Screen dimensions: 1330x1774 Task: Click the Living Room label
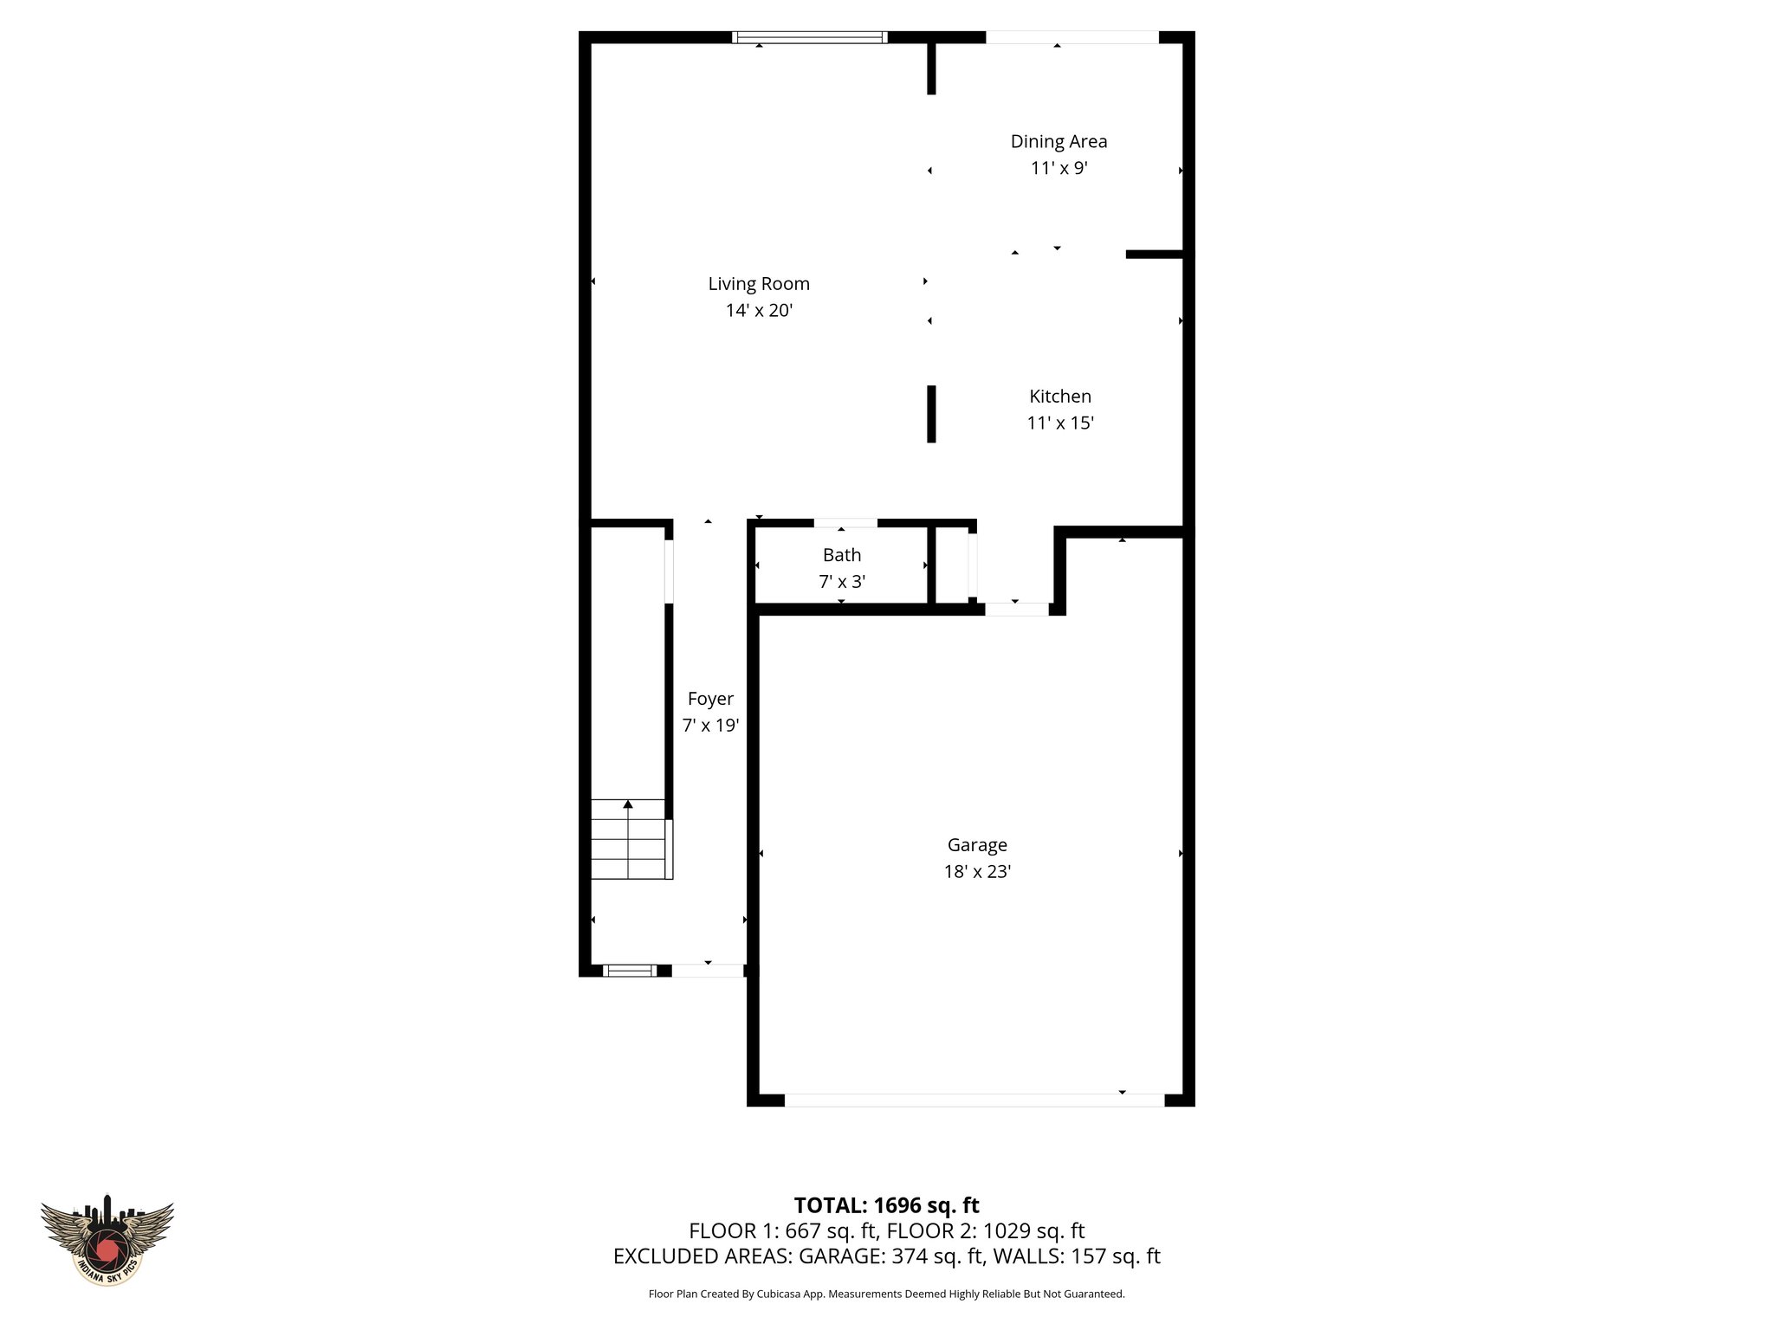tap(759, 284)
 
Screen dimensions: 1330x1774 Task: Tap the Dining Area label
tap(1059, 141)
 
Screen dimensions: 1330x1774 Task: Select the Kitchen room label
tap(1059, 397)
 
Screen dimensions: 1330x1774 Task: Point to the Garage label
tap(977, 845)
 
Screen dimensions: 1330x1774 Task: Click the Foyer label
tap(710, 699)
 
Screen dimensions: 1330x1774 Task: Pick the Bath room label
tap(842, 555)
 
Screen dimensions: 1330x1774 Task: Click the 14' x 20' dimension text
tap(759, 311)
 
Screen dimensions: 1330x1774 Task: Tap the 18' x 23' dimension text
tap(977, 872)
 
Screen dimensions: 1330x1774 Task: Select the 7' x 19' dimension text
tap(710, 726)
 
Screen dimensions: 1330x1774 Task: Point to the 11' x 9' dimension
tap(1059, 168)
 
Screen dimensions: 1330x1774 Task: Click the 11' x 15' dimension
tap(1060, 423)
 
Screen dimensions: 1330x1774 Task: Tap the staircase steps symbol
tap(629, 839)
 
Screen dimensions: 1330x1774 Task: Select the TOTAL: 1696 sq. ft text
tap(886, 1205)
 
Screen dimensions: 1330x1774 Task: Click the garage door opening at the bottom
tap(974, 1100)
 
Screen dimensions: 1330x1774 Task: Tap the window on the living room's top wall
tap(809, 37)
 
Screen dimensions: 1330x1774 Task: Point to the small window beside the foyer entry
tap(630, 971)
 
